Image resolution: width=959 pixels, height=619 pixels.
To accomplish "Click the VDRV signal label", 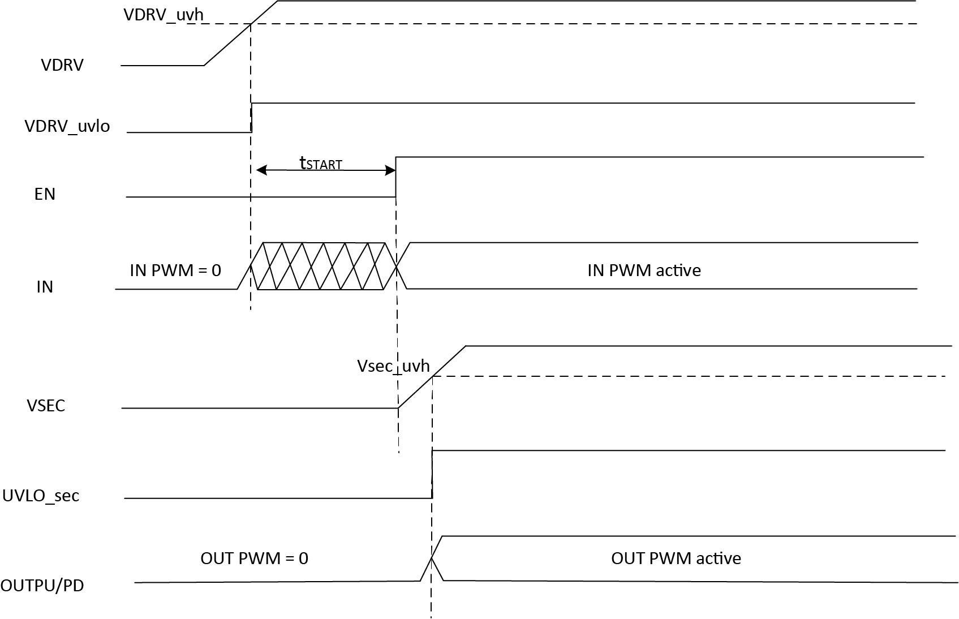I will [62, 65].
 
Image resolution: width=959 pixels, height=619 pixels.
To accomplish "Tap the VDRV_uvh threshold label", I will [163, 14].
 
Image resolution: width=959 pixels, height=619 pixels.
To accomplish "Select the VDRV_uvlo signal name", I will [67, 126].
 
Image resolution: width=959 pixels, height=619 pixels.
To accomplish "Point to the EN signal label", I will [45, 194].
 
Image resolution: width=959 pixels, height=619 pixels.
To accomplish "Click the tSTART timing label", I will [321, 164].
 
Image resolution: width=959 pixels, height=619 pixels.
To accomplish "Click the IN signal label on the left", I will [45, 287].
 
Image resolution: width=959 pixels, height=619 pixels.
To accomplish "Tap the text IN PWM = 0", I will [175, 270].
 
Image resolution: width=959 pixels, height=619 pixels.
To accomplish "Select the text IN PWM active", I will [644, 270].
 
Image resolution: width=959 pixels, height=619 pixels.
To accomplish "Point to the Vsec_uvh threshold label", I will [393, 366].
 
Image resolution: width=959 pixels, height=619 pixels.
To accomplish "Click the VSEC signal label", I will [46, 406].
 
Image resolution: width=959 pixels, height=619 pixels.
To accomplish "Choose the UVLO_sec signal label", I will [41, 496].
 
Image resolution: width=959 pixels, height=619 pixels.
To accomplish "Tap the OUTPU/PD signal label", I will [42, 585].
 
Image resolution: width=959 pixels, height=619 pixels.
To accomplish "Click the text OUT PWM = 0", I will [254, 558].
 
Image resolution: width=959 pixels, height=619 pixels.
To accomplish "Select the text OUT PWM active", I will [676, 558].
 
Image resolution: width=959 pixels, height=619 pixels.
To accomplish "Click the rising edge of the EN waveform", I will [396, 177].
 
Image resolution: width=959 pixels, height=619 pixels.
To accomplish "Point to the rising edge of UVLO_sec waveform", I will [432, 474].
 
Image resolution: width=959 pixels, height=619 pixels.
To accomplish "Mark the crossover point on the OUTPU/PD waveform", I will [432, 558].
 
